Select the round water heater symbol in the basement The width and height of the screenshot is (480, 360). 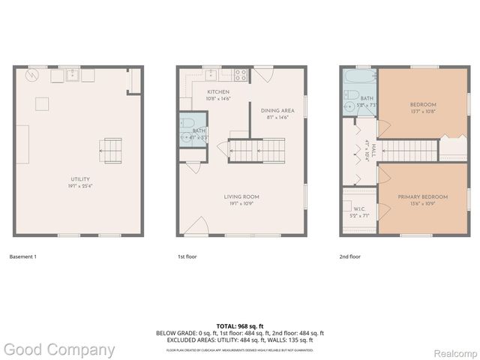pyautogui.click(x=32, y=76)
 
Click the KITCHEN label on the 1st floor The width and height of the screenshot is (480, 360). pyautogui.click(x=219, y=91)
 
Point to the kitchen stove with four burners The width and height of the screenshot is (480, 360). pyautogui.click(x=241, y=74)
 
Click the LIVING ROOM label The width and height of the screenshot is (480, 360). pyautogui.click(x=241, y=196)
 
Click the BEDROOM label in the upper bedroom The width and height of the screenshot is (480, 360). pyautogui.click(x=423, y=104)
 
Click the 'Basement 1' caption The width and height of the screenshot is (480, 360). pyautogui.click(x=22, y=256)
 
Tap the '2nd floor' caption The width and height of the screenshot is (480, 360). pyautogui.click(x=350, y=256)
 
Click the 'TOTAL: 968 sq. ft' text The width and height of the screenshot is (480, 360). pyautogui.click(x=240, y=325)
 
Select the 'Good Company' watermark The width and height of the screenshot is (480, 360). pyautogui.click(x=59, y=349)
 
